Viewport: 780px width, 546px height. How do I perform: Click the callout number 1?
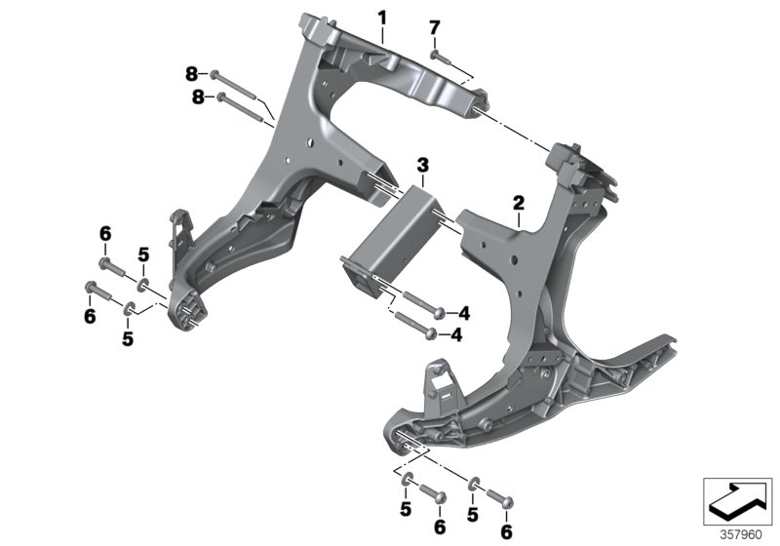point(382,17)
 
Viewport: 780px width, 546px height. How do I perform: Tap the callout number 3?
point(422,163)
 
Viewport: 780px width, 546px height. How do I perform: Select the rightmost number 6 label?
point(506,531)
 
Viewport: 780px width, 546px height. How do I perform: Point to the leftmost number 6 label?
point(89,316)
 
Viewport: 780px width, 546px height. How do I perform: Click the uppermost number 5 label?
point(142,254)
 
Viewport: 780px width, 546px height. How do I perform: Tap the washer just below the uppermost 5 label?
point(141,286)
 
